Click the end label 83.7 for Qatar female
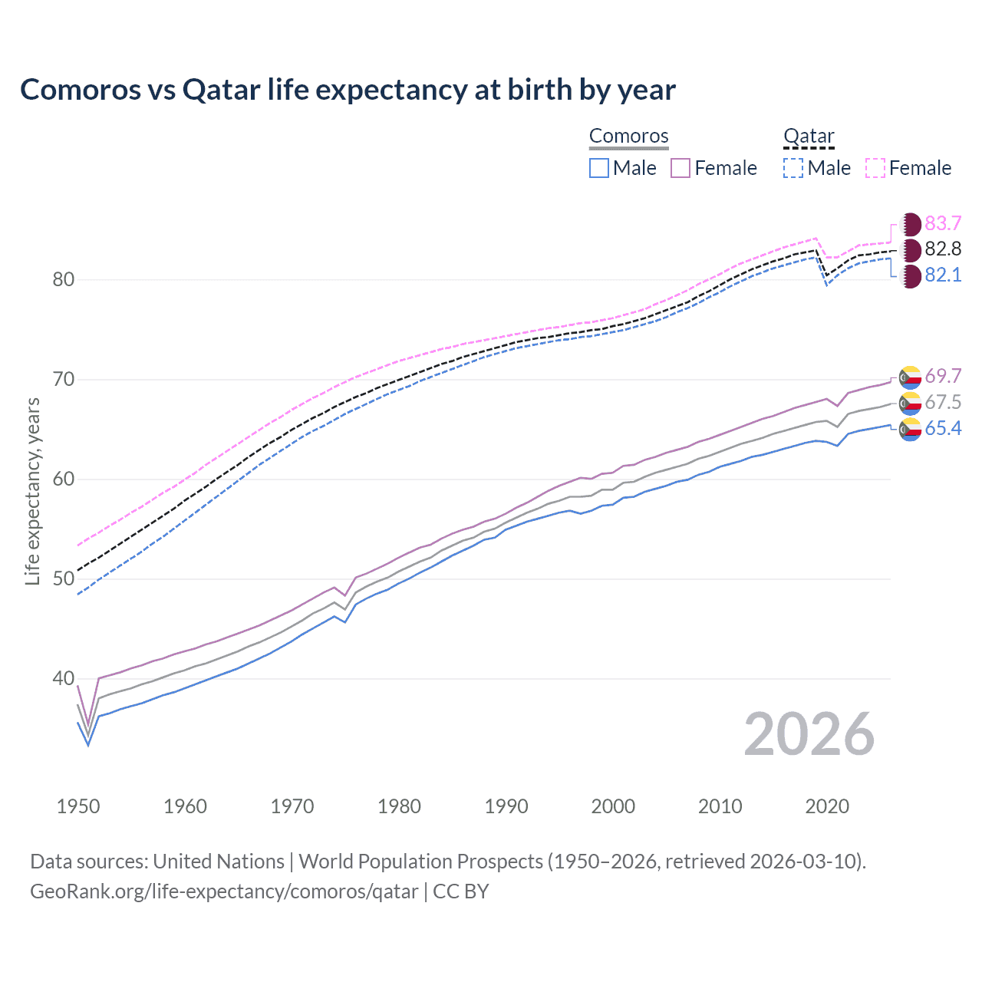click(x=943, y=223)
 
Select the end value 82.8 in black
click(x=943, y=249)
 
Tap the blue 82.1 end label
click(x=943, y=275)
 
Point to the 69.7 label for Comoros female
click(x=943, y=376)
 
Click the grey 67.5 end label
click(x=943, y=402)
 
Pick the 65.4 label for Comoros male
click(x=943, y=428)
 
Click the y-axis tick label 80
click(x=64, y=279)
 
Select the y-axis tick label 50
click(x=64, y=579)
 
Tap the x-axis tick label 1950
click(x=78, y=806)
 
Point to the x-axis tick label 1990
click(x=506, y=806)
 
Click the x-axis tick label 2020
click(x=827, y=806)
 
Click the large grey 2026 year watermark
click(x=809, y=735)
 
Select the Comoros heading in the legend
click(x=629, y=136)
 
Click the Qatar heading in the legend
click(x=809, y=136)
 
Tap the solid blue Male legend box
click(x=599, y=168)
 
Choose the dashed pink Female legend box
click(x=875, y=168)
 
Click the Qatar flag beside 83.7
click(x=911, y=224)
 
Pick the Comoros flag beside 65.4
click(x=911, y=429)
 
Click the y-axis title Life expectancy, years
click(x=32, y=491)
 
